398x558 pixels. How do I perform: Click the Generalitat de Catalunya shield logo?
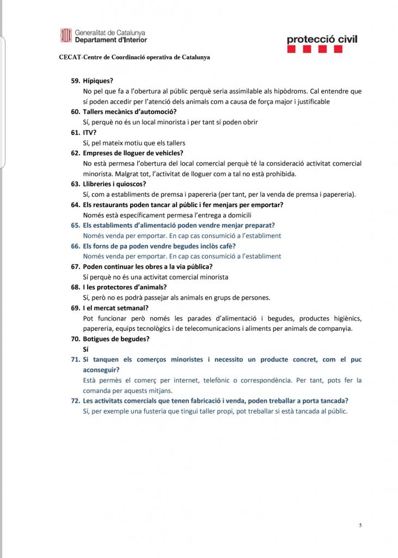pyautogui.click(x=65, y=35)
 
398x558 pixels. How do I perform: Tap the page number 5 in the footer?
pyautogui.click(x=360, y=525)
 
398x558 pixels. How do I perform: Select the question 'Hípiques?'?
pyautogui.click(x=98, y=81)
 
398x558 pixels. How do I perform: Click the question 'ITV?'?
pyautogui.click(x=89, y=132)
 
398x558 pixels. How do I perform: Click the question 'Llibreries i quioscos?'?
pyautogui.click(x=114, y=184)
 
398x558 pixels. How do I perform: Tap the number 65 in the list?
pyautogui.click(x=75, y=225)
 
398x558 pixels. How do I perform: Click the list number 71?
pyautogui.click(x=75, y=360)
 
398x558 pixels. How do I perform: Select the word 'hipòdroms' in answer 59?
pyautogui.click(x=316, y=91)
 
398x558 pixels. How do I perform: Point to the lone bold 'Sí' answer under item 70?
pyautogui.click(x=85, y=349)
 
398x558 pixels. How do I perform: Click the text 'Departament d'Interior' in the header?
pyautogui.click(x=111, y=40)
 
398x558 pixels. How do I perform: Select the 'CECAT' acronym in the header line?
pyautogui.click(x=69, y=57)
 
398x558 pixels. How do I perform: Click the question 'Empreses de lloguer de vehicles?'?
pyautogui.click(x=133, y=153)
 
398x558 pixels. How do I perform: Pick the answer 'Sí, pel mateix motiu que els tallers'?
pyautogui.click(x=134, y=143)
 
